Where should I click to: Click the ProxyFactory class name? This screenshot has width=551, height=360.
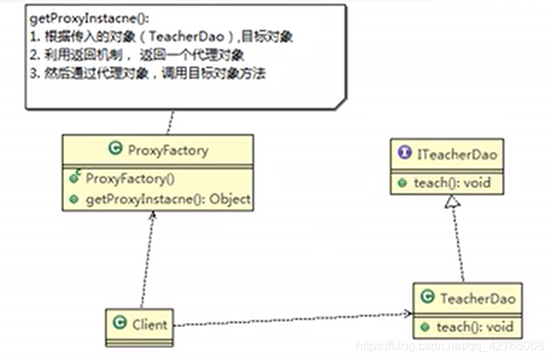click(x=166, y=150)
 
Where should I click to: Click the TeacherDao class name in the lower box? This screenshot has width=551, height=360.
click(x=475, y=297)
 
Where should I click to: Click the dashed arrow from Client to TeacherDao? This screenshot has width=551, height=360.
click(x=293, y=318)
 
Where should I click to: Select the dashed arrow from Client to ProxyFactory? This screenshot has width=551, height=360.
click(x=147, y=262)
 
